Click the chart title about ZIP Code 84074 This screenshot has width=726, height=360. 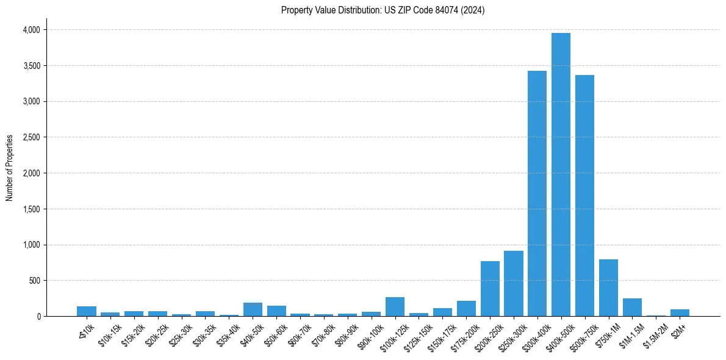point(383,10)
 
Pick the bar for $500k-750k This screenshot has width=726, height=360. point(584,195)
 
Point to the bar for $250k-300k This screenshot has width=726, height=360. point(513,284)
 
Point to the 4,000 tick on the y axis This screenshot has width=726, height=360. point(31,30)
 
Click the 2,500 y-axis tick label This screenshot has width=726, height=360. point(31,137)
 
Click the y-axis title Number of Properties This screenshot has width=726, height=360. point(10,168)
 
